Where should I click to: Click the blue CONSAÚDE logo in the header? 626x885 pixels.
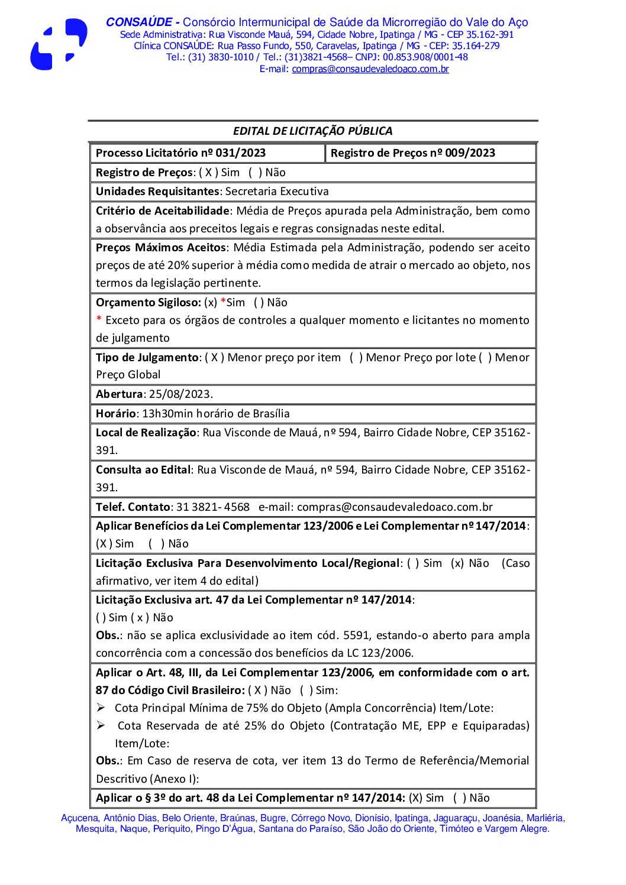pyautogui.click(x=59, y=44)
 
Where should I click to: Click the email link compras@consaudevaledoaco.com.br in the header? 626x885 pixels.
pyautogui.click(x=370, y=69)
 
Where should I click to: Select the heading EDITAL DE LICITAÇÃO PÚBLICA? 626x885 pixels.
pyautogui.click(x=312, y=131)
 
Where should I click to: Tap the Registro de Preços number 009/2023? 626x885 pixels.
pyautogui.click(x=470, y=153)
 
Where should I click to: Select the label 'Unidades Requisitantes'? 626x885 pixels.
pyautogui.click(x=157, y=192)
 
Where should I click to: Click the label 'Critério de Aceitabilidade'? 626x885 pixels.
pyautogui.click(x=162, y=211)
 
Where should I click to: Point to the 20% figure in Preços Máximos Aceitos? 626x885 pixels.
pyautogui.click(x=178, y=265)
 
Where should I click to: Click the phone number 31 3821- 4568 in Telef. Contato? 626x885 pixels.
pyautogui.click(x=213, y=507)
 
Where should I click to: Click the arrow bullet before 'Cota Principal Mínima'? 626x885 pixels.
pyautogui.click(x=101, y=708)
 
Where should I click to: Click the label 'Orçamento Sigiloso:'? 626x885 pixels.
pyautogui.click(x=149, y=303)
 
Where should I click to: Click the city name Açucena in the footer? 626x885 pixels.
pyautogui.click(x=79, y=818)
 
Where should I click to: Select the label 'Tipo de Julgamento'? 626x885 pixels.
pyautogui.click(x=147, y=358)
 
